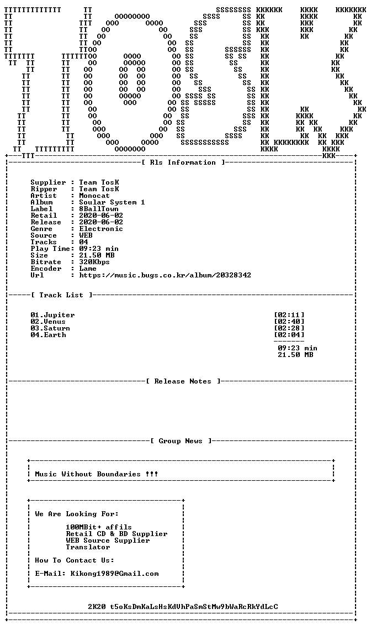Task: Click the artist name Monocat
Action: pos(94,196)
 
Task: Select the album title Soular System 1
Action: pos(112,202)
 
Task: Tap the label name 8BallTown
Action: pos(99,209)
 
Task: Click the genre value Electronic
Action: pos(101,229)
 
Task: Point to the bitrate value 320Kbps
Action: pos(94,262)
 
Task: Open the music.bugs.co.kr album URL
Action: pos(165,275)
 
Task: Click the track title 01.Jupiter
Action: pos(52,315)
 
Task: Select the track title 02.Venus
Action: pos(48,322)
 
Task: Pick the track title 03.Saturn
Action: pos(50,328)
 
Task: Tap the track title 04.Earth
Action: pos(48,335)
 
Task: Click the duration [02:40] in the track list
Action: pos(289,322)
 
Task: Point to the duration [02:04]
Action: pos(289,335)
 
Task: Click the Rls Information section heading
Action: pos(183,162)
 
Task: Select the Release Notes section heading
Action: pos(183,381)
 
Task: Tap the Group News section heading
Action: pos(181,441)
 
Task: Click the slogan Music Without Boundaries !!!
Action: pos(97,474)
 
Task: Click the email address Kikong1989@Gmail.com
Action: pos(114,574)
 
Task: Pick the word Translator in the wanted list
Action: pos(88,547)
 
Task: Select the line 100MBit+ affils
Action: pos(99,527)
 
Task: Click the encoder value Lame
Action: pos(88,269)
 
